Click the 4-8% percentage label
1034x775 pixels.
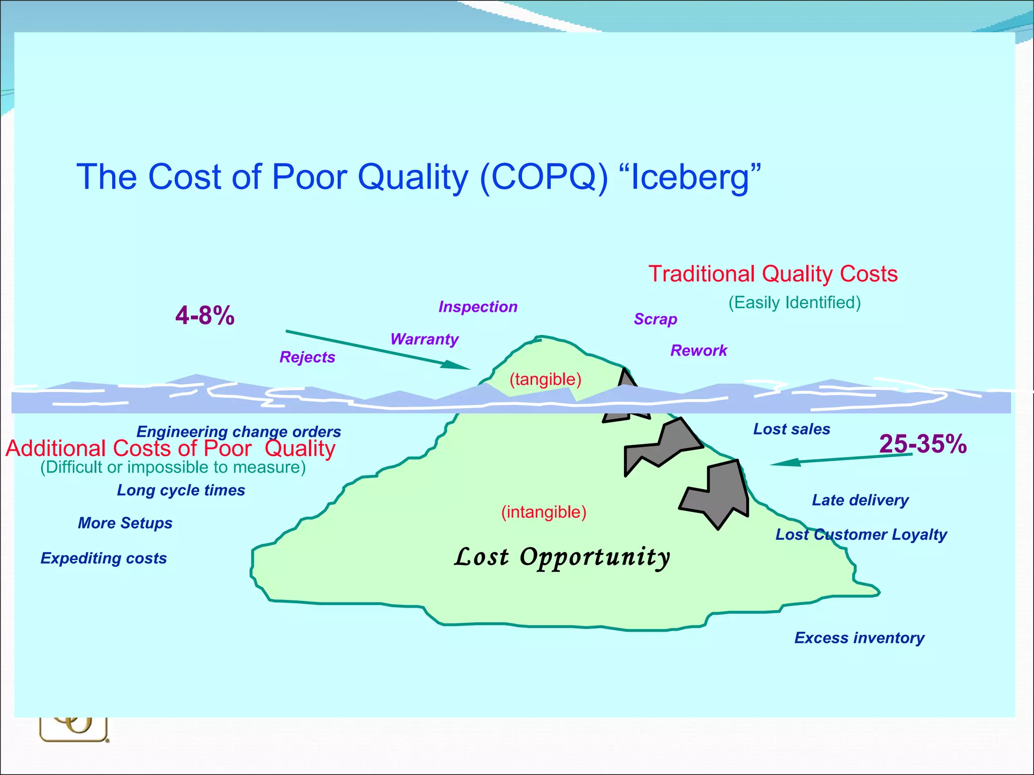(x=205, y=316)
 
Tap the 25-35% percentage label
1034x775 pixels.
(x=922, y=444)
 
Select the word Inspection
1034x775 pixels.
(x=478, y=307)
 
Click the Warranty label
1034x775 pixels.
(x=424, y=339)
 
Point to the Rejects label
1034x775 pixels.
(x=307, y=357)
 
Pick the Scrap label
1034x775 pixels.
(x=655, y=319)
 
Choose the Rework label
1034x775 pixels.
(x=699, y=350)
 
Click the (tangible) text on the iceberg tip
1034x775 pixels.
(x=545, y=379)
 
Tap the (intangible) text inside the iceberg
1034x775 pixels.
(x=544, y=512)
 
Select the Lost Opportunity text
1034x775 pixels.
(x=562, y=557)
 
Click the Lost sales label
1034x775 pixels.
(x=792, y=429)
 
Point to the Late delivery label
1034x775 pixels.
(x=860, y=500)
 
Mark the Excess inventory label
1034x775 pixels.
(x=859, y=638)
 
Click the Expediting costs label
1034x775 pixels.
(x=104, y=558)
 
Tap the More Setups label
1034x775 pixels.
(x=125, y=523)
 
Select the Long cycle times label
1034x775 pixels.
(x=181, y=490)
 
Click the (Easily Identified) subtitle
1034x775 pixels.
(x=794, y=303)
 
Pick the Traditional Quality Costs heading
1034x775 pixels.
(x=773, y=274)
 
